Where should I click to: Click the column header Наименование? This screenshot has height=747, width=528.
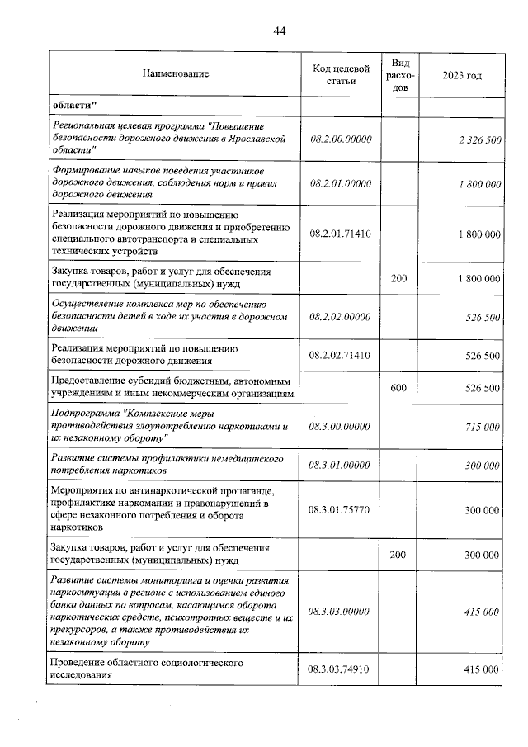176,74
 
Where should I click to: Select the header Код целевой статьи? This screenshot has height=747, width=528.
341,73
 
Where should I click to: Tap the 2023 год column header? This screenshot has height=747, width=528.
462,75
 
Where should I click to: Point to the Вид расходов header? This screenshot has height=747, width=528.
399,74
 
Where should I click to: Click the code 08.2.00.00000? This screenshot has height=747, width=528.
341,139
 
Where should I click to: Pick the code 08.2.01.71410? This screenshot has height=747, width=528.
341,234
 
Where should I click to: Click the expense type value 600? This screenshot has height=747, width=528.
399,387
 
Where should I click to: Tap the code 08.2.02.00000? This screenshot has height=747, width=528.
341,316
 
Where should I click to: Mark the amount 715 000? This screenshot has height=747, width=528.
482,426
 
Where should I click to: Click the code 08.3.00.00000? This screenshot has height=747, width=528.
341,426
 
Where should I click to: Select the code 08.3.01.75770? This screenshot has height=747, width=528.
341,510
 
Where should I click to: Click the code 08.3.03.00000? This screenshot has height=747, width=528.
341,612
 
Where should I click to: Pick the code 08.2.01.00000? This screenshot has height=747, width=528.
341,183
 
